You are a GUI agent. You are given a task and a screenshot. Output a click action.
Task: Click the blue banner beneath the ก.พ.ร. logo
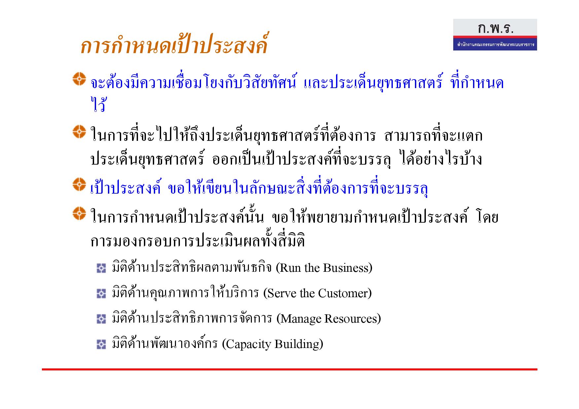click(495, 44)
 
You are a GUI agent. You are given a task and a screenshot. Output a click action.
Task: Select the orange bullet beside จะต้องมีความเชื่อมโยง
click(79, 79)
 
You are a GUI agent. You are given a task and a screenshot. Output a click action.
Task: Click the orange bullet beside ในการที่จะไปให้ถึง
click(79, 132)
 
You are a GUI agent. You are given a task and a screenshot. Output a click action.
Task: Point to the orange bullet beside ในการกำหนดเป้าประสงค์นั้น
click(79, 213)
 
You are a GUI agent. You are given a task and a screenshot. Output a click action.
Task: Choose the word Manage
click(299, 319)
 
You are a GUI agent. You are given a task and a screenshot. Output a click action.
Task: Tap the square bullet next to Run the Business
click(101, 268)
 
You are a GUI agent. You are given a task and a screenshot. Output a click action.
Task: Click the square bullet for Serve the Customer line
click(101, 294)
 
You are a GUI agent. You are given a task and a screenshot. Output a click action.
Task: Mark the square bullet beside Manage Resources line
click(101, 319)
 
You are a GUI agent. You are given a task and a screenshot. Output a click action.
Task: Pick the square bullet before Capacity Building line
click(101, 344)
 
